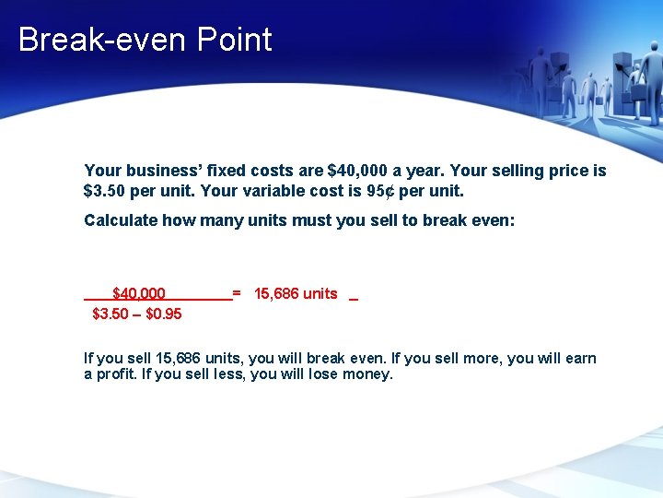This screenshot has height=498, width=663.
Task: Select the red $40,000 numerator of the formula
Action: (139, 294)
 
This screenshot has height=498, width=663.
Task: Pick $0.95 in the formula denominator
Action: (164, 314)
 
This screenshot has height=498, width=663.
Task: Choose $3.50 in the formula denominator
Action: (110, 314)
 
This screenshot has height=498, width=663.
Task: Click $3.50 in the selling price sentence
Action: (101, 192)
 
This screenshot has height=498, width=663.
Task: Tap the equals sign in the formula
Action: (237, 294)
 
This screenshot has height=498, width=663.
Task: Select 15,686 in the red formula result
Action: (276, 294)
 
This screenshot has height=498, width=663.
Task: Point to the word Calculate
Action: (121, 220)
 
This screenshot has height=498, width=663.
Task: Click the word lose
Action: (321, 374)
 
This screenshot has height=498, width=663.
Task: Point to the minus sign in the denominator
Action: (138, 314)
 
